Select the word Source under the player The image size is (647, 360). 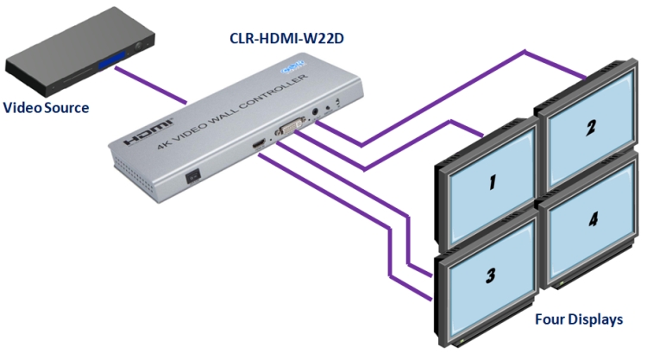(67, 108)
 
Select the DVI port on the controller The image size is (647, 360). (289, 129)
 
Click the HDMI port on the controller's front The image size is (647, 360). (259, 148)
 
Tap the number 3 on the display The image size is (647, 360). (490, 275)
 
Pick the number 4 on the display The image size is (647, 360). (593, 220)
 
